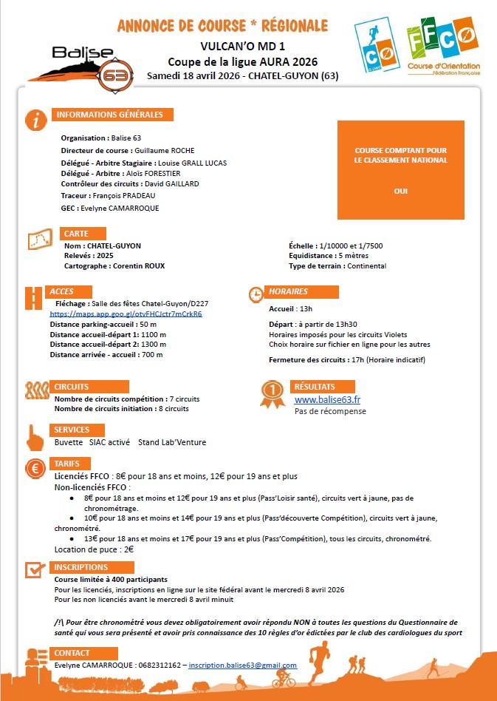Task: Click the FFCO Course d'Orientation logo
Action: click(443, 47)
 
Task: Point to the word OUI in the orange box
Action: click(401, 191)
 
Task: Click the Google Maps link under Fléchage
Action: click(126, 314)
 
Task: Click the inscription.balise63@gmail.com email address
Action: click(242, 666)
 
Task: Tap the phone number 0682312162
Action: click(160, 666)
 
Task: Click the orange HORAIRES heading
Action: click(288, 291)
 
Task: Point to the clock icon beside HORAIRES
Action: click(256, 294)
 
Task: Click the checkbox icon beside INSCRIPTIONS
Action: click(35, 569)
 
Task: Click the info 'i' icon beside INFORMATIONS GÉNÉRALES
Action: click(35, 120)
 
